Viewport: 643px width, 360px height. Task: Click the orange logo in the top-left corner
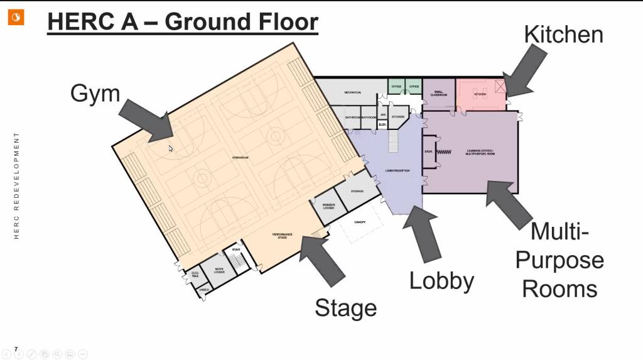tap(16, 18)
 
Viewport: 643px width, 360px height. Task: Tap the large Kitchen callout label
tap(563, 34)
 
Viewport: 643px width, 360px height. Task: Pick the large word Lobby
tap(441, 280)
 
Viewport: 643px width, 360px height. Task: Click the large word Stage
tap(345, 308)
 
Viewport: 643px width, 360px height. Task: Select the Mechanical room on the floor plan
tap(352, 92)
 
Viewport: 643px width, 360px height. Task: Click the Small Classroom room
tap(439, 94)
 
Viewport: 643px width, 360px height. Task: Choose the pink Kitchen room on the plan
tap(480, 94)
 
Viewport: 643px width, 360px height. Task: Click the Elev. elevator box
tap(382, 124)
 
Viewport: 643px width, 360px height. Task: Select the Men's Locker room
tap(219, 271)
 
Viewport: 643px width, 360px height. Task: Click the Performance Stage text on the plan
tap(282, 236)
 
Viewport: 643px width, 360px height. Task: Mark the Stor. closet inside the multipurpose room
tap(429, 151)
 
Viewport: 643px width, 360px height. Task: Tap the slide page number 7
tap(16, 349)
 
